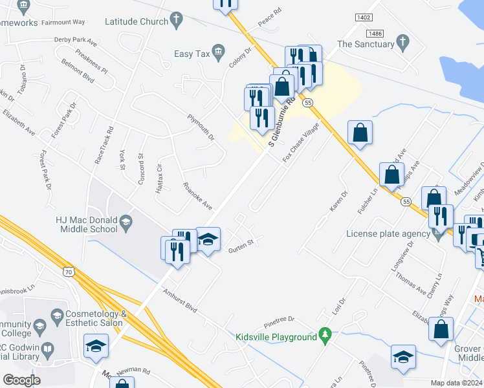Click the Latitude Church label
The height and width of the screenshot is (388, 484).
tap(128, 21)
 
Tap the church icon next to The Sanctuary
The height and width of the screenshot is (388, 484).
tap(403, 44)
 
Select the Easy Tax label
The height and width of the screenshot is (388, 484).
tap(192, 54)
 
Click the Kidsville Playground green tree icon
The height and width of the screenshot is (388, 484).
tap(326, 336)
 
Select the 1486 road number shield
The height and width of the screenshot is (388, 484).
tap(374, 34)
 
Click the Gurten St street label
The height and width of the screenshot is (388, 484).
tap(239, 244)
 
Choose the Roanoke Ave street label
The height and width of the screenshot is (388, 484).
tap(197, 196)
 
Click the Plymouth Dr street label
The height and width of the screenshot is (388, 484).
tap(201, 127)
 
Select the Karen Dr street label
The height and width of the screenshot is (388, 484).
tap(338, 201)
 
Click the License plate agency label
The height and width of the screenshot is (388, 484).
tap(387, 233)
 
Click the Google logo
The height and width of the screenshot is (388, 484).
tap(22, 380)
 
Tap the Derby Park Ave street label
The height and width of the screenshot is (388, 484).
tap(75, 40)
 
